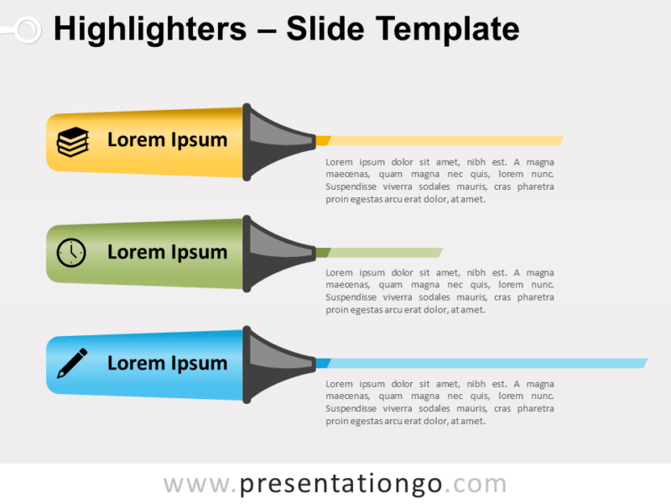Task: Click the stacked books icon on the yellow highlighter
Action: pyautogui.click(x=72, y=141)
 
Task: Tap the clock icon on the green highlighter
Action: pyautogui.click(x=71, y=253)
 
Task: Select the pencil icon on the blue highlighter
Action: pyautogui.click(x=72, y=364)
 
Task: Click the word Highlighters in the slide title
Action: pyautogui.click(x=149, y=30)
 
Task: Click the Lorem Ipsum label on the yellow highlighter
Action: pyautogui.click(x=167, y=140)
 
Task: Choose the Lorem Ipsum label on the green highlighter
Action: pyautogui.click(x=167, y=252)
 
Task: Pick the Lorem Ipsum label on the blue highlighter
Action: pyautogui.click(x=167, y=364)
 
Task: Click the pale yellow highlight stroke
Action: pyautogui.click(x=445, y=140)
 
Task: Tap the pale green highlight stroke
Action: pyautogui.click(x=386, y=252)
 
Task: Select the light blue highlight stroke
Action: pyautogui.click(x=486, y=363)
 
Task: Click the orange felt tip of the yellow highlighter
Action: pyautogui.click(x=322, y=140)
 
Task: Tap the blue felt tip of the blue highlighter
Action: pyautogui.click(x=322, y=363)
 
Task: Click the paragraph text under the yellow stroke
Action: pyautogui.click(x=440, y=181)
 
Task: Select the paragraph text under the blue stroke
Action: pyautogui.click(x=440, y=402)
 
